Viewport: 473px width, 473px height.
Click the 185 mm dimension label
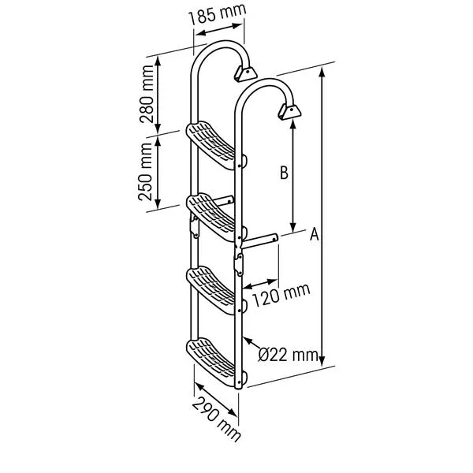(218, 14)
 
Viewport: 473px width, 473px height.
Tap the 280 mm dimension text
(147, 94)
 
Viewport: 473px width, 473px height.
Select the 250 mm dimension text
(145, 172)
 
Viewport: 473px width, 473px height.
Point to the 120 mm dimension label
(281, 296)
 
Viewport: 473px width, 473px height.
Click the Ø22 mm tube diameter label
(289, 355)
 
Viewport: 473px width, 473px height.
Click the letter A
(315, 234)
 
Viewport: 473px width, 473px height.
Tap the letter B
(284, 173)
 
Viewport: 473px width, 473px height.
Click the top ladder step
(211, 145)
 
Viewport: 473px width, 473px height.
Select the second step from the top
(211, 218)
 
